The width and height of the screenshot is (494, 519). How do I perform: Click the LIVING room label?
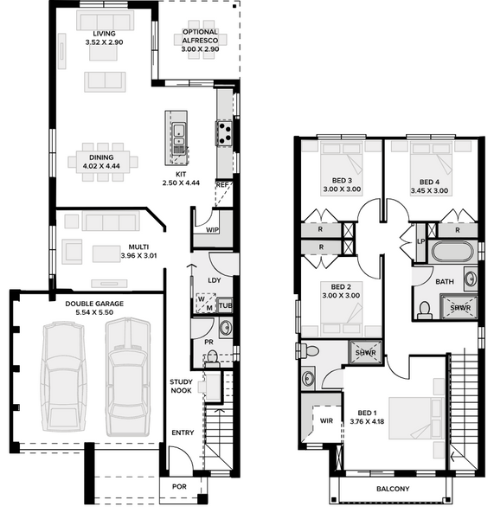(104, 34)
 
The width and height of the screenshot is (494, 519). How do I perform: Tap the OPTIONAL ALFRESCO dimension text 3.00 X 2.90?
(200, 49)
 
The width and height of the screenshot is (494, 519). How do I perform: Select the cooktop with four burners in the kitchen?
(225, 133)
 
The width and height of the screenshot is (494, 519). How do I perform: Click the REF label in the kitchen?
(221, 185)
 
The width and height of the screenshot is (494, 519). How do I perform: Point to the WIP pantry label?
(212, 230)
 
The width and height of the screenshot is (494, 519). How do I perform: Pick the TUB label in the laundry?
(226, 305)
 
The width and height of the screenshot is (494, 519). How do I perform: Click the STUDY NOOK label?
(181, 387)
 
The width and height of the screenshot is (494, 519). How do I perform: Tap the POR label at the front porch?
(179, 486)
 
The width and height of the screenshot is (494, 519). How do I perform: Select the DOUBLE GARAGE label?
(94, 304)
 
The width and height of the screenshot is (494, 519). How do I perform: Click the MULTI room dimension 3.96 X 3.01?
(138, 255)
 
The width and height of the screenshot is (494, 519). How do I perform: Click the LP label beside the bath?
(420, 241)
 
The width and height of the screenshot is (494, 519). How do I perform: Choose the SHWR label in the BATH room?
(460, 308)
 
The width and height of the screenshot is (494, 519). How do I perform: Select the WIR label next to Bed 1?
(326, 421)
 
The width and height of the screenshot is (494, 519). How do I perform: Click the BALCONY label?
(393, 489)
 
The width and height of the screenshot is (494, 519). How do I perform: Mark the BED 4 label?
(429, 182)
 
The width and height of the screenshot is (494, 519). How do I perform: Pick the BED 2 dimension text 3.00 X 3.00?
(341, 295)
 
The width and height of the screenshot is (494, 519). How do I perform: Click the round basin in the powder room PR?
(226, 328)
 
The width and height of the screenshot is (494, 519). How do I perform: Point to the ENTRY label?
(183, 432)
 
